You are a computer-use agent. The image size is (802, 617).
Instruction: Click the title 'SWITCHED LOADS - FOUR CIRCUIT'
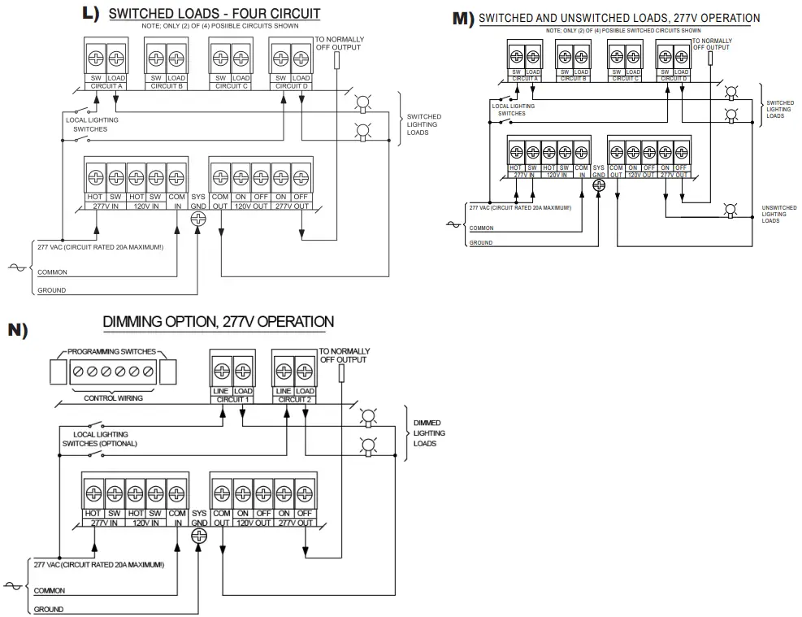tap(214, 14)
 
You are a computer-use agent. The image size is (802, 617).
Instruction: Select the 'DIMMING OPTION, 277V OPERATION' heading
tap(218, 322)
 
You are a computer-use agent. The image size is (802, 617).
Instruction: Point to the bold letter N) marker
tap(18, 329)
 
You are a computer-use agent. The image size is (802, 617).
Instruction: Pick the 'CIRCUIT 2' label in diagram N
tap(293, 399)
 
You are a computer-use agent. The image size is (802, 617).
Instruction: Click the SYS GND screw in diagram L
tap(199, 219)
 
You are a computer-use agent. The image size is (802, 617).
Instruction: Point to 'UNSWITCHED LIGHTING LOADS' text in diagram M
tap(778, 214)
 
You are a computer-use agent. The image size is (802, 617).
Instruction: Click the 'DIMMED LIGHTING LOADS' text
tap(429, 433)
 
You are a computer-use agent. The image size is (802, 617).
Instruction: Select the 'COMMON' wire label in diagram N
tap(50, 591)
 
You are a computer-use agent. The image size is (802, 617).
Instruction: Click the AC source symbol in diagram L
tap(17, 266)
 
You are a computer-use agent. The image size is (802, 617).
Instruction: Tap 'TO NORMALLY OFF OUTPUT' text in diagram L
tap(339, 43)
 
